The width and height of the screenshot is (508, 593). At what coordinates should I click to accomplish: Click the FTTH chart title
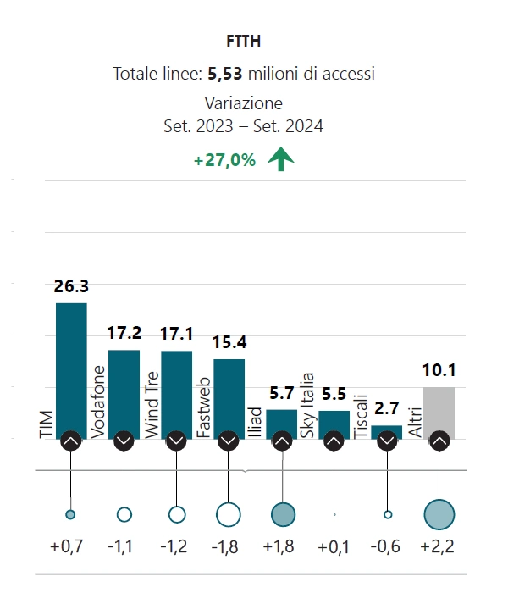(x=244, y=41)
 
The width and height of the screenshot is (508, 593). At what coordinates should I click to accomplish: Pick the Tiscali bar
(x=386, y=430)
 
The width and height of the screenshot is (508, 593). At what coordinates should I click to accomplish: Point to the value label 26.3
(x=71, y=287)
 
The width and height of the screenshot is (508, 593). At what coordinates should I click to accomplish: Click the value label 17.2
(x=124, y=334)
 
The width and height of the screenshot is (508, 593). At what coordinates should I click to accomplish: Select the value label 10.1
(x=439, y=371)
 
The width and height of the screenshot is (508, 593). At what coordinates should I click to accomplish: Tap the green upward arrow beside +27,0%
(x=279, y=159)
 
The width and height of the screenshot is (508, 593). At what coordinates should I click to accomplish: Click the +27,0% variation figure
(x=224, y=160)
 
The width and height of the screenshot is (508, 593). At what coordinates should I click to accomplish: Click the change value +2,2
(x=438, y=547)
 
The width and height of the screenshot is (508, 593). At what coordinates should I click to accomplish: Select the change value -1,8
(x=229, y=547)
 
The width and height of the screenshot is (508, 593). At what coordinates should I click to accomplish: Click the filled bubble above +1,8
(x=282, y=513)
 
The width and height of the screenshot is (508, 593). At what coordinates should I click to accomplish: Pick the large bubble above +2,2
(x=439, y=513)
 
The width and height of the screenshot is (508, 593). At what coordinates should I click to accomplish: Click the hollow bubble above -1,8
(x=229, y=513)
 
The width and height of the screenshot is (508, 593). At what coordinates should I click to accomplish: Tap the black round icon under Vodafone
(x=124, y=441)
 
